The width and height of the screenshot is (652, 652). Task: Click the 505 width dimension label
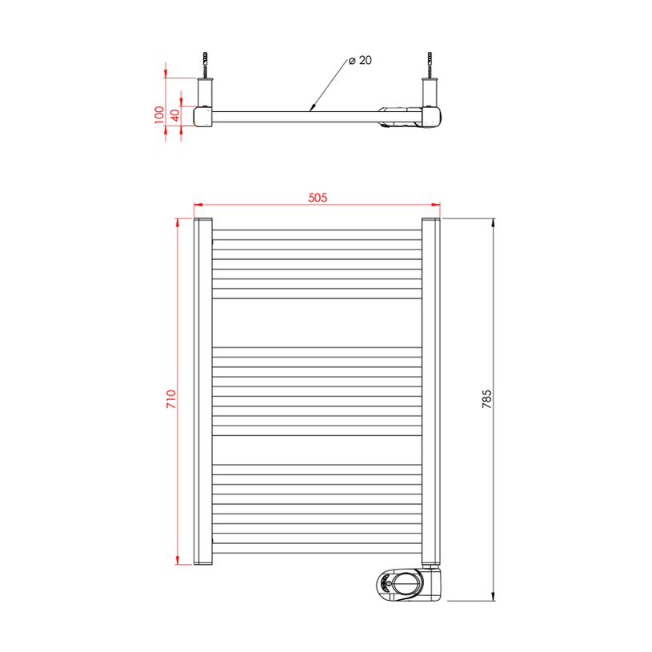318,198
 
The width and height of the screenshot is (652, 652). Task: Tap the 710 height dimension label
171,398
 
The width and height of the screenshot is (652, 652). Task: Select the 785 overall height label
486,398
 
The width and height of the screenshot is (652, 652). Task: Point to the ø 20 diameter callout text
360,60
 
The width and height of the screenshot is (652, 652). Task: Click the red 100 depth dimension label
159,114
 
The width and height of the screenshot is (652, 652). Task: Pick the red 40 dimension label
175,114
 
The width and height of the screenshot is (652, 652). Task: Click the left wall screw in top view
205,65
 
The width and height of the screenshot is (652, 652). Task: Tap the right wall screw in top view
430,65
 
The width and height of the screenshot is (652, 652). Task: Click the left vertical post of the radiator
203,391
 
